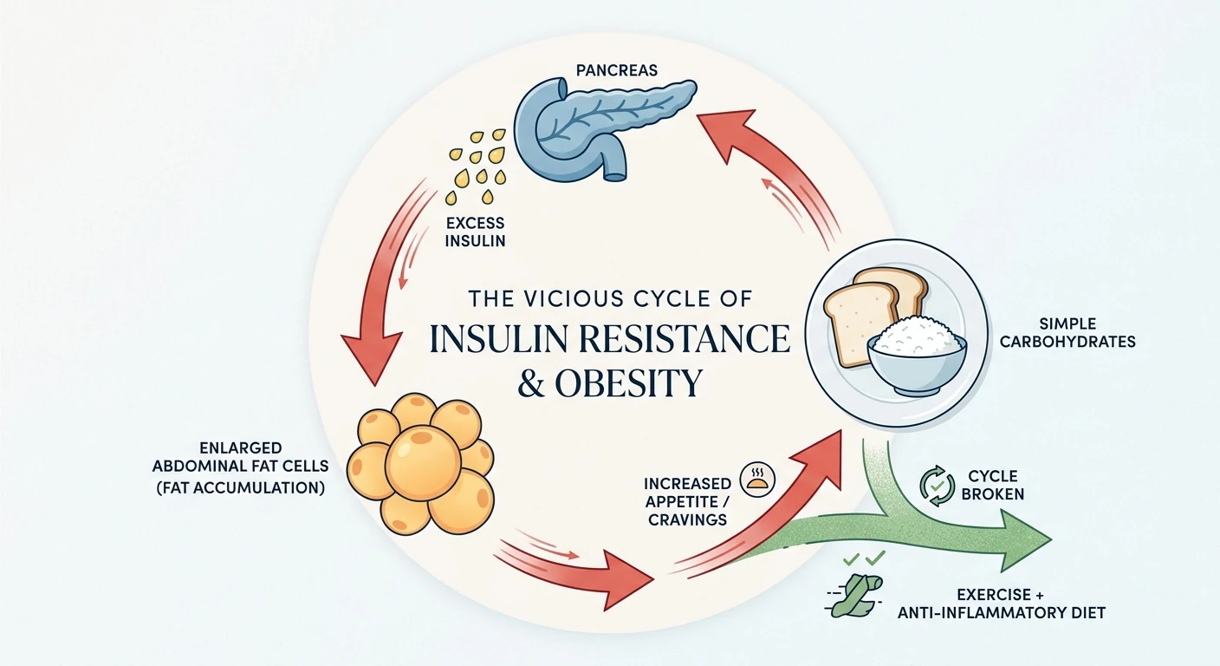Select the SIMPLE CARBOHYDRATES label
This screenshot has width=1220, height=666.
(1067, 333)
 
